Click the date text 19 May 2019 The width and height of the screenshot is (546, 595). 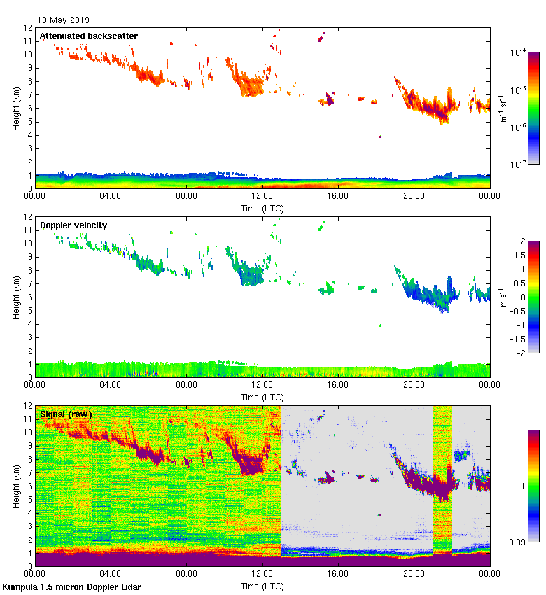(x=63, y=20)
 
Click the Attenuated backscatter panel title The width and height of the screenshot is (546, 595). (x=88, y=36)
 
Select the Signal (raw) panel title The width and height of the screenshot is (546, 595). (x=66, y=414)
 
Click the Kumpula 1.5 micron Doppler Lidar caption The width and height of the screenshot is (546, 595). (x=71, y=587)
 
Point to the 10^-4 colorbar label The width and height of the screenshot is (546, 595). (x=519, y=52)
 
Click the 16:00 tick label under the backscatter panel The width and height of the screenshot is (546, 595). (x=338, y=197)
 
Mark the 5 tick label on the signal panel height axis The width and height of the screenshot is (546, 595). (x=29, y=500)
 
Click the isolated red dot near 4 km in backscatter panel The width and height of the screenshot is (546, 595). (x=380, y=136)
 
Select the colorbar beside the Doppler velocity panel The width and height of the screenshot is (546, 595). (x=533, y=297)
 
